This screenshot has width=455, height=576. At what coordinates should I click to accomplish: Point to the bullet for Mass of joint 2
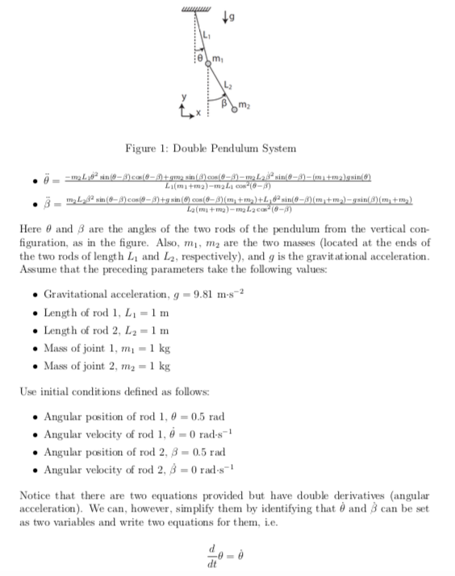tap(35, 366)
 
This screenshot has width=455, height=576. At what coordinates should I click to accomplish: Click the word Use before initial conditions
tap(27, 391)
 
